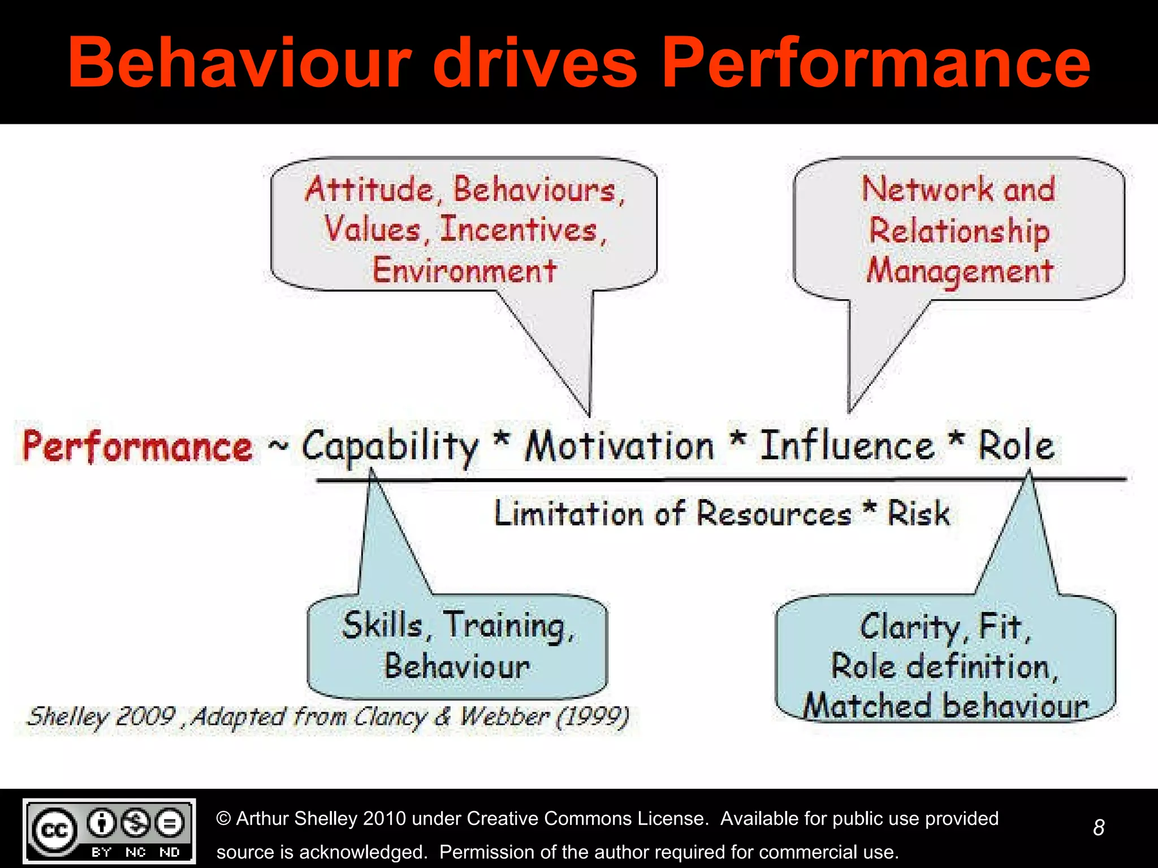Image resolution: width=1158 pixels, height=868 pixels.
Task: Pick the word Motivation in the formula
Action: click(620, 446)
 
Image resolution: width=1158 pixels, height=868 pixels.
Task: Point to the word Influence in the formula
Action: click(846, 446)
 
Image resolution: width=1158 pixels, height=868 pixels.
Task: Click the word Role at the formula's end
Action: click(1016, 446)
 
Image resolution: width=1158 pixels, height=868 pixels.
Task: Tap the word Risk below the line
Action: click(918, 513)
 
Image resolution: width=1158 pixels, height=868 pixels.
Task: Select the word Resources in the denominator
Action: click(773, 513)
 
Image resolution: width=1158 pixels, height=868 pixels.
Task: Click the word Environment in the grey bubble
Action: click(464, 270)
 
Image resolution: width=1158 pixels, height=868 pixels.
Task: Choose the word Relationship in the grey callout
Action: click(959, 232)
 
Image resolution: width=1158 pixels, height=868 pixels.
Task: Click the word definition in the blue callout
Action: click(980, 667)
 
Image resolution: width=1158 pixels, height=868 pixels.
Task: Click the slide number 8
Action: click(1099, 828)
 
